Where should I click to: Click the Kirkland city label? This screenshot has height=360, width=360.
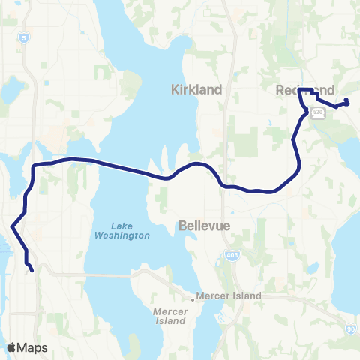click(196, 89)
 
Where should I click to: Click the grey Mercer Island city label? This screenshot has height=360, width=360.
click(229, 296)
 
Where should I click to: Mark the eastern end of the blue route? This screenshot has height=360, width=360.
click(348, 103)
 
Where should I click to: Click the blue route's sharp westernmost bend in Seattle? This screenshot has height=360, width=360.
click(12, 226)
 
